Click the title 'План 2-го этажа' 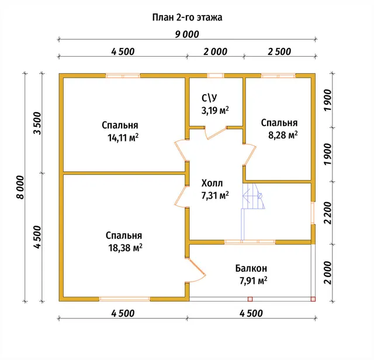[x=187, y=18]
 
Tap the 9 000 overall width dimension [x=187, y=34]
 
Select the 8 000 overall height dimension [x=21, y=187]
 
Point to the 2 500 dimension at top [x=279, y=51]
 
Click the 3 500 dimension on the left [x=38, y=123]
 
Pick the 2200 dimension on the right [x=328, y=213]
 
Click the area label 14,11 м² [x=123, y=138]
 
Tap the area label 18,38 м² [x=126, y=248]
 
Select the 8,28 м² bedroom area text [x=283, y=135]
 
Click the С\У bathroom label [x=209, y=98]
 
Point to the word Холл [x=212, y=184]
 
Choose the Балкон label [x=251, y=268]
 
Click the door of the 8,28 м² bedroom [x=250, y=154]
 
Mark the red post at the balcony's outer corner [x=313, y=299]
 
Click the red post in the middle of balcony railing [x=250, y=299]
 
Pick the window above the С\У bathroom [x=216, y=75]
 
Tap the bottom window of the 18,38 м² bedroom [x=124, y=299]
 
